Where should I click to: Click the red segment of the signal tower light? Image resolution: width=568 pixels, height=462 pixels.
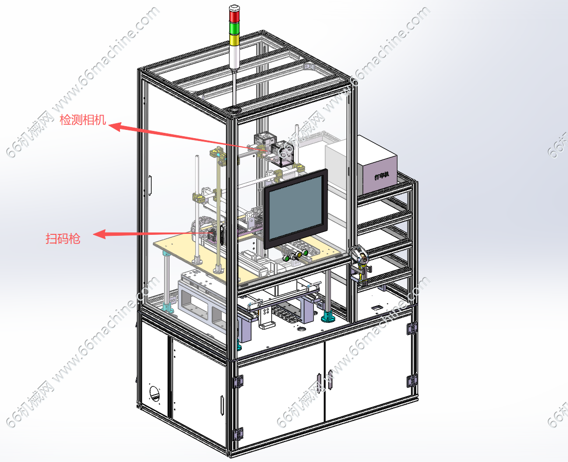point(234,16)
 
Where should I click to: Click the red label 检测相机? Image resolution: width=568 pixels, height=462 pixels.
point(83,120)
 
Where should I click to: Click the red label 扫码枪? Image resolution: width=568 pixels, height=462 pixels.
point(63,238)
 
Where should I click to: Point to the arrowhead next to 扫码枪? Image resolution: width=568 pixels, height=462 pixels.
point(100,234)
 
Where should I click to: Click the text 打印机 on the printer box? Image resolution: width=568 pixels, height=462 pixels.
point(382,176)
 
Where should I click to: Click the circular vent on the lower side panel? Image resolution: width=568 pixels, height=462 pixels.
point(154,394)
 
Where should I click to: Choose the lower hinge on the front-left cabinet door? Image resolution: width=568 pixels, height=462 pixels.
point(238,434)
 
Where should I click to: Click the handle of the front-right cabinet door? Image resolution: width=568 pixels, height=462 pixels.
point(330,380)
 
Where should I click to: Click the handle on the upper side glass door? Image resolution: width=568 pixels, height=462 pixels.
point(150,185)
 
